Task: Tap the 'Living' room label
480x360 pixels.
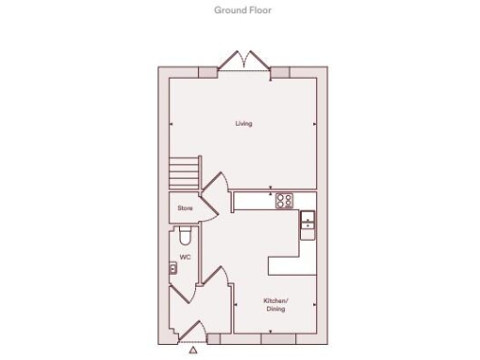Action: tap(244, 123)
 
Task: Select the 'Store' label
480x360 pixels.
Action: tap(185, 206)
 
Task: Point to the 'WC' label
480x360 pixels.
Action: tap(185, 256)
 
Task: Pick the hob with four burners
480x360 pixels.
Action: tap(285, 200)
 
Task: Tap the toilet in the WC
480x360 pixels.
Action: tap(184, 234)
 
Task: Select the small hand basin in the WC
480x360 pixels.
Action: tap(174, 268)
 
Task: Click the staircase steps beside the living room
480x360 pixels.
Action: tap(185, 172)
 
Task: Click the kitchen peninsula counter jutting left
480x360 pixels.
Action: tap(289, 265)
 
